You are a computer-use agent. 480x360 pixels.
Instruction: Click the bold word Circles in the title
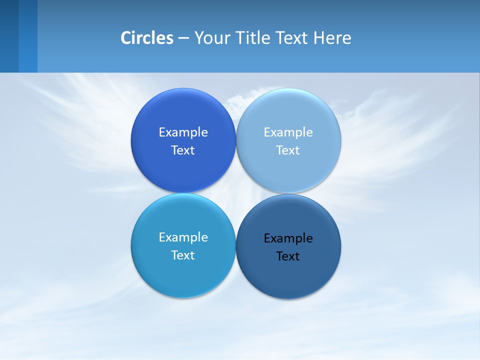coord(147,38)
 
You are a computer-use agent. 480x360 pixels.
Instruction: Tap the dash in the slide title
coord(183,38)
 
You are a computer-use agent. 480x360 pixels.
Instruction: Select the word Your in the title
coord(210,38)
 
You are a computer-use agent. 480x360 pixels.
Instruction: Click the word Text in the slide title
coord(292,38)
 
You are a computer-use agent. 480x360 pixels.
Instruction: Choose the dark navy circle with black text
coord(288,277)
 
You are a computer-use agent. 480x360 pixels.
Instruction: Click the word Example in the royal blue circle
coord(183,132)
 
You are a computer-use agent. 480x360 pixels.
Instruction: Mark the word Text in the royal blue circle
coord(183,150)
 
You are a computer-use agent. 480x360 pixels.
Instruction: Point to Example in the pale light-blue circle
coord(288,132)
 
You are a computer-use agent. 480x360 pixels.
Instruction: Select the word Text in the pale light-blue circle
coord(288,150)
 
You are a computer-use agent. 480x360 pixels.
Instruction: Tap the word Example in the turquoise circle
coord(183,237)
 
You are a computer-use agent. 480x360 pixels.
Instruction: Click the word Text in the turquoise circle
coord(183,255)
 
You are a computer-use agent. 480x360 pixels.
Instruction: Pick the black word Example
coord(288,238)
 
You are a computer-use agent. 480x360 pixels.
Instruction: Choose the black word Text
coord(288,256)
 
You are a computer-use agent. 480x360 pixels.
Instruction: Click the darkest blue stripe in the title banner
coord(9,36)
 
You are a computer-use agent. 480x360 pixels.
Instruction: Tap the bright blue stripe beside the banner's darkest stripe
coord(28,36)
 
